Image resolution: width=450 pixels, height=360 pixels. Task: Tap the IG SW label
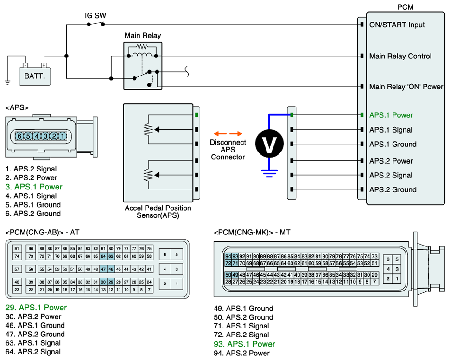click(95, 16)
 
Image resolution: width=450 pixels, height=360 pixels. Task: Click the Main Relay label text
click(143, 36)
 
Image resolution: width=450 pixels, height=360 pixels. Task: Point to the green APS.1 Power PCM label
click(391, 115)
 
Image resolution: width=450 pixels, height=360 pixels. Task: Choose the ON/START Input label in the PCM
click(397, 25)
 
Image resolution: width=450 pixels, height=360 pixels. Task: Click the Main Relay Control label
click(400, 56)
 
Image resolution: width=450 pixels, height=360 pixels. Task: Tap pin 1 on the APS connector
click(62, 136)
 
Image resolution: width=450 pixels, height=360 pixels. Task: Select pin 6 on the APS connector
click(19, 136)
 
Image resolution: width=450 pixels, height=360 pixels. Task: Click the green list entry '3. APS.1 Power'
click(34, 187)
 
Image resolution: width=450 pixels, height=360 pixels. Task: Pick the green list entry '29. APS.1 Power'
click(36, 308)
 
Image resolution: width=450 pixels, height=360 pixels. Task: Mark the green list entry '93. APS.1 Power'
click(244, 344)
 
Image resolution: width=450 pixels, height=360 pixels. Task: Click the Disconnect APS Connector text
click(228, 150)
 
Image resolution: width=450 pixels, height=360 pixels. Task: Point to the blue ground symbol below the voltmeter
click(269, 173)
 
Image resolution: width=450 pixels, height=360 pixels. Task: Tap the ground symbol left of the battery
click(7, 82)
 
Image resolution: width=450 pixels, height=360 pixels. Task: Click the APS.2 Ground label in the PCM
click(393, 189)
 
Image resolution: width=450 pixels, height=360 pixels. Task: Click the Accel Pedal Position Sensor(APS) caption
click(158, 212)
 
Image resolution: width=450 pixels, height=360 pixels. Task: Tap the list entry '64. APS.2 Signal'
click(33, 352)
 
